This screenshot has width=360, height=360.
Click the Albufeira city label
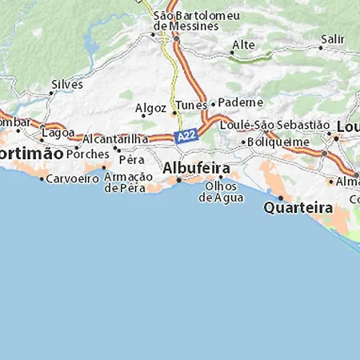pyautogui.click(x=196, y=169)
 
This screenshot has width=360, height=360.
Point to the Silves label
pyautogui.click(x=66, y=83)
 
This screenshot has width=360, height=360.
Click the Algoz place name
pyautogui.click(x=151, y=107)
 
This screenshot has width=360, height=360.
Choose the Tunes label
pyautogui.click(x=191, y=106)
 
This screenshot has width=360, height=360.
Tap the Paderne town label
pyautogui.click(x=240, y=103)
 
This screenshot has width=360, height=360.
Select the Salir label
pyautogui.click(x=332, y=38)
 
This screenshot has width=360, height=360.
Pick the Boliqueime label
pyautogui.click(x=280, y=141)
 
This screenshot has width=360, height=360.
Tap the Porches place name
pyautogui.click(x=92, y=152)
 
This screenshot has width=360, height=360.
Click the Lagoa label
pyautogui.click(x=58, y=133)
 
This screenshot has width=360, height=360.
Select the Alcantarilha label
pyautogui.click(x=115, y=138)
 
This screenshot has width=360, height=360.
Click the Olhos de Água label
pyautogui.click(x=220, y=192)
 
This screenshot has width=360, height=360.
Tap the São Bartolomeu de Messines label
pyautogui.click(x=186, y=20)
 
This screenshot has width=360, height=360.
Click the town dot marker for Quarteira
pyautogui.click(x=281, y=198)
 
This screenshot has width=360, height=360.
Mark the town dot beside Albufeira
pyautogui.click(x=179, y=179)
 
